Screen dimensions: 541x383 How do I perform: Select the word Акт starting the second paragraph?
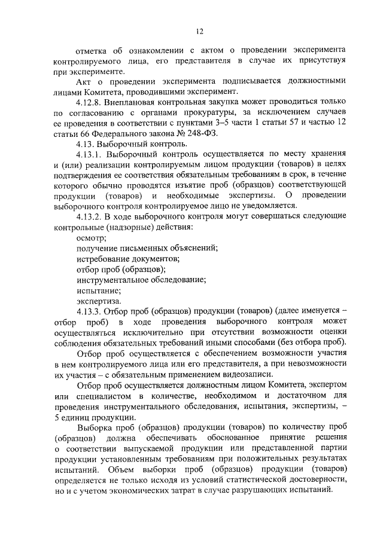coord(84,81)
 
